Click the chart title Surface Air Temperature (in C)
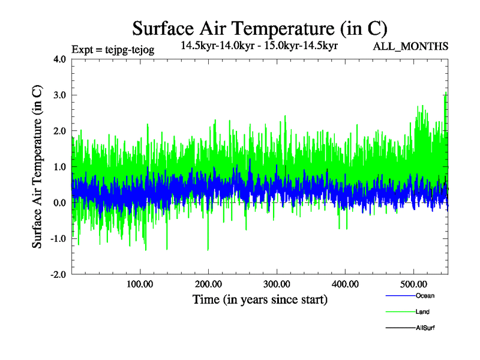[x=260, y=28]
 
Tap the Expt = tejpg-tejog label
[x=113, y=50]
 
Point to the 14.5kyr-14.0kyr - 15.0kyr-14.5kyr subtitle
[x=259, y=44]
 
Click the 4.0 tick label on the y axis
[x=61, y=59]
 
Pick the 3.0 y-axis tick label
[x=61, y=95]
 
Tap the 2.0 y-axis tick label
[x=61, y=131]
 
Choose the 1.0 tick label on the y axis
[x=61, y=167]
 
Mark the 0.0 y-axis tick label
[x=61, y=203]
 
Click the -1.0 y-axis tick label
[x=59, y=239]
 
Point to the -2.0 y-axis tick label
[x=59, y=274]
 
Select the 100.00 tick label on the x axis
[x=140, y=283]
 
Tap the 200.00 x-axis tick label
[x=208, y=283]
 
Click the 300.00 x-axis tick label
[x=277, y=283]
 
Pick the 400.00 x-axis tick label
[x=345, y=283]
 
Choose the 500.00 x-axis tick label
[x=413, y=283]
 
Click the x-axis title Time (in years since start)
[x=260, y=299]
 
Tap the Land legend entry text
[x=422, y=312]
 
